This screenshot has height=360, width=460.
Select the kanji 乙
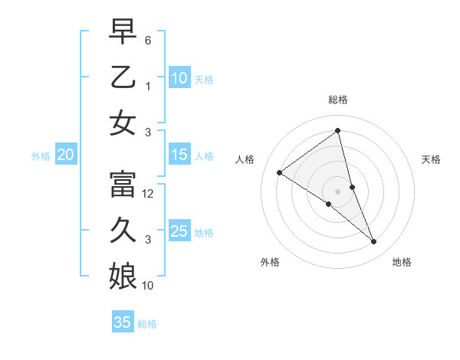123,77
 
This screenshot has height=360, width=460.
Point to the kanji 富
123,185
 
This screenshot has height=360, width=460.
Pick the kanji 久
123,230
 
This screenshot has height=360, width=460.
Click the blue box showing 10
179,78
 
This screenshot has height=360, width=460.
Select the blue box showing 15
179,155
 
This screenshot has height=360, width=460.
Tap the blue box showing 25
179,232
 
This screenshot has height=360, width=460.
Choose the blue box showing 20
65,155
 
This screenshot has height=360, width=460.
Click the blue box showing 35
123,322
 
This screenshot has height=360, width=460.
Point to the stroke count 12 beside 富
149,194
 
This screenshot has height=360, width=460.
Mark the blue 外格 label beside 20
41,156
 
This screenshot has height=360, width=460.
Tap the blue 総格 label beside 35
147,324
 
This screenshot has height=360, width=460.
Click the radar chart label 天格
431,159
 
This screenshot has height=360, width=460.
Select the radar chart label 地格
402,262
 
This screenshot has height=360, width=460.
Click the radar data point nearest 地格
374,242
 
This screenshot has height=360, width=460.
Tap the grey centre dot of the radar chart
337,191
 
